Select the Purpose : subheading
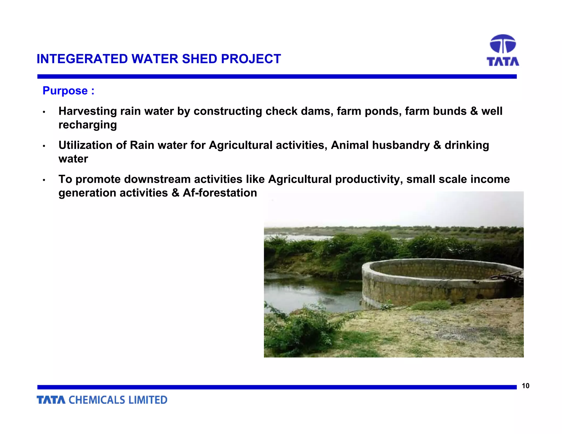coord(68,91)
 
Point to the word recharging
coord(88,125)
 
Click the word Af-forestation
coord(220,193)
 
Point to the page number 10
coord(525,386)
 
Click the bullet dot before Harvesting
coord(44,112)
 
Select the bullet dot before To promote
coord(44,180)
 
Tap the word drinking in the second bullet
coord(467,145)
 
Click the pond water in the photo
coord(305,291)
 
